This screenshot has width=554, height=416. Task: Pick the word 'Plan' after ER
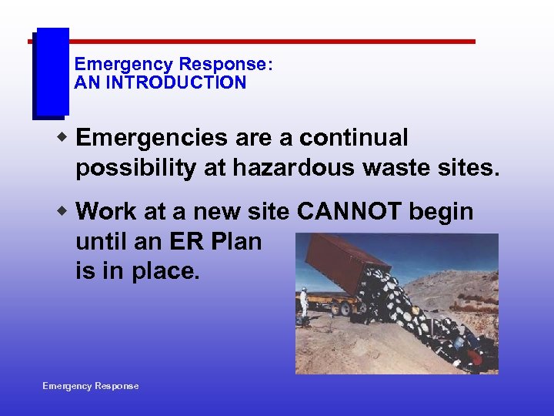(x=234, y=241)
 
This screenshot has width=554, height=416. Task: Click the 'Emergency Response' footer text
(x=91, y=386)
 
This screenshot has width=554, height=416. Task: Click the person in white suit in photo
(x=304, y=302)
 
